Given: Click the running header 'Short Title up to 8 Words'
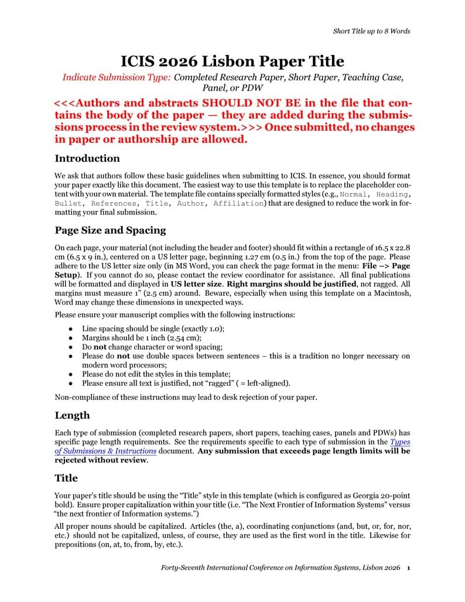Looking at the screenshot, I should point(371,31).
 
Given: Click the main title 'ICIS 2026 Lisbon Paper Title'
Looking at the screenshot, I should point(232,61).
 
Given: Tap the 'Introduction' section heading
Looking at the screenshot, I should point(87,158).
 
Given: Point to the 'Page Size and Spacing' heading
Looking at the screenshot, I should point(110,230).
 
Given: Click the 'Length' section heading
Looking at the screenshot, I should point(72,415).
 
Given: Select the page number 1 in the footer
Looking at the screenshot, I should point(408,569).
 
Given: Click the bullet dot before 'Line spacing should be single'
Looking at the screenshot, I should point(70,329).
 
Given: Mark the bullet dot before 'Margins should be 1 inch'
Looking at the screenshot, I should point(70,338).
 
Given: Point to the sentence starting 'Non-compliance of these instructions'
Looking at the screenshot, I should point(186,397).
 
